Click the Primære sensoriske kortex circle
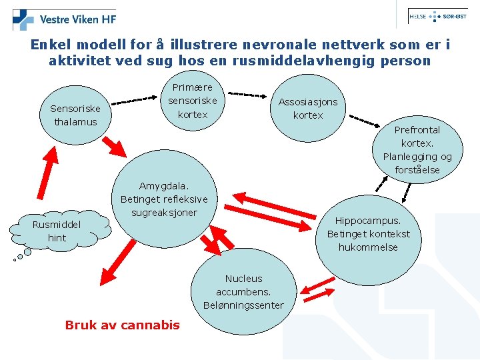coord(193,101)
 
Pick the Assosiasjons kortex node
coord(308,109)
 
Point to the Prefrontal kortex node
coord(417,149)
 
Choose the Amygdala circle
coord(164,200)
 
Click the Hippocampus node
coord(368,233)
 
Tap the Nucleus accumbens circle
coord(243,292)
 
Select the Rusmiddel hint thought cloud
coord(57,231)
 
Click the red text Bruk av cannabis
coord(122,325)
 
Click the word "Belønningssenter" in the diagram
coord(243,305)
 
